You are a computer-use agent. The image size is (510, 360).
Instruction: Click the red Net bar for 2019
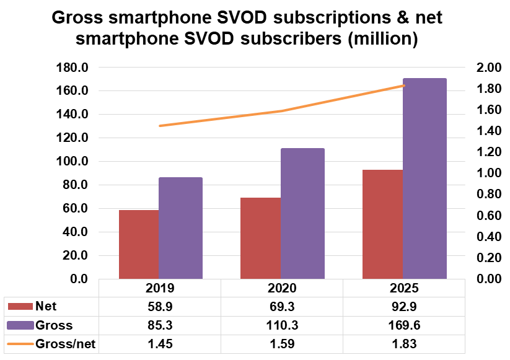click(139, 244)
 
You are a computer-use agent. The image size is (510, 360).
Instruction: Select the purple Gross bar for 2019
click(180, 228)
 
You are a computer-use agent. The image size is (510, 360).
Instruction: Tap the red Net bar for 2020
click(261, 238)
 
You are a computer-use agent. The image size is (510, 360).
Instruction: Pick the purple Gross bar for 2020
click(302, 213)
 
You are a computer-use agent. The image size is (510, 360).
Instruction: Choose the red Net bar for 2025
click(383, 224)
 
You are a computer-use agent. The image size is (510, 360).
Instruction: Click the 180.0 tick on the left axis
click(73, 68)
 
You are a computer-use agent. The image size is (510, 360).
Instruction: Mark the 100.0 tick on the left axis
click(73, 162)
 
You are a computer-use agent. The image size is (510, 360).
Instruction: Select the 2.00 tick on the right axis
click(483, 68)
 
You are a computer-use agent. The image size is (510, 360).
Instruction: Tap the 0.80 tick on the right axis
click(483, 194)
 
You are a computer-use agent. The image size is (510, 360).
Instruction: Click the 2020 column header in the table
click(282, 289)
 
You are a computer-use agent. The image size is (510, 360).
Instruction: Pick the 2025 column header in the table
click(404, 289)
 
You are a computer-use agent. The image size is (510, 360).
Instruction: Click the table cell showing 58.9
click(160, 306)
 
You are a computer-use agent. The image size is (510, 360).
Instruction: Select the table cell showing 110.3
click(282, 325)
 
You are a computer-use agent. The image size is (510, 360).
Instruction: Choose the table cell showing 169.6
click(404, 325)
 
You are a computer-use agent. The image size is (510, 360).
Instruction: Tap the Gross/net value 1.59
click(282, 344)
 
